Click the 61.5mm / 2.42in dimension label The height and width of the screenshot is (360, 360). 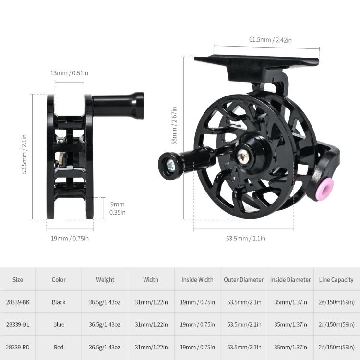[x=270, y=40]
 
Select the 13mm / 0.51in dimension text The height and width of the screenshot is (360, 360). [x=69, y=73]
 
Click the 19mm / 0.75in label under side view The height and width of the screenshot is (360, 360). [x=70, y=238]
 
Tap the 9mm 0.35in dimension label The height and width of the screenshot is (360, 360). [x=117, y=208]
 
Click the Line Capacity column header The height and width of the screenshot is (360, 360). [x=336, y=280]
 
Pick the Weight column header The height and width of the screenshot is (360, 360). [x=105, y=280]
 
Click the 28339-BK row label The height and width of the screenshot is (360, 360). [x=18, y=302]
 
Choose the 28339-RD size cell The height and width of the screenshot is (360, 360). [x=18, y=347]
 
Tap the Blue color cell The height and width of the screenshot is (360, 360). [x=59, y=325]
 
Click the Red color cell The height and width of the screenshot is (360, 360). [x=59, y=347]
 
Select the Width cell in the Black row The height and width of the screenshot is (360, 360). [x=151, y=302]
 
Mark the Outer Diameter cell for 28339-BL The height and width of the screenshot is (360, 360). [x=244, y=325]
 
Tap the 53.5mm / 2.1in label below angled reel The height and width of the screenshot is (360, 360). [x=245, y=239]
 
